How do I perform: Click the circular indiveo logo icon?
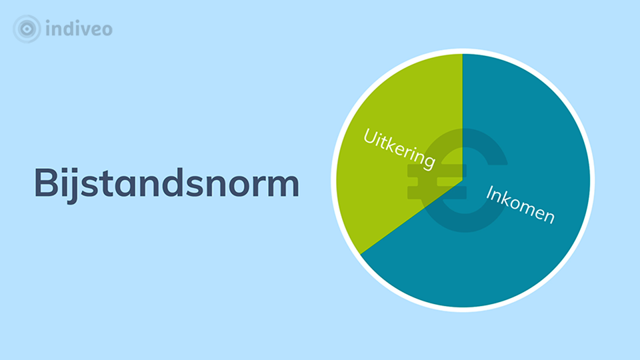point(27,29)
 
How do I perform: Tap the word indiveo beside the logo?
point(79,29)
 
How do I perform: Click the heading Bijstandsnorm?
point(167,184)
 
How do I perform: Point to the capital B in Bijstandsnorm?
point(47,183)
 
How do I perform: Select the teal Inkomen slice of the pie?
point(510,204)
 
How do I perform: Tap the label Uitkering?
point(399,149)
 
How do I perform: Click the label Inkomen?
point(521,205)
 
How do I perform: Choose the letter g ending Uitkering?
point(428,161)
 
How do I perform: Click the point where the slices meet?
point(463,180)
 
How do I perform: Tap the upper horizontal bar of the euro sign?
point(437,171)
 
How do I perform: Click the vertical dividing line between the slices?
point(463,117)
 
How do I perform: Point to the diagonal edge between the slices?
point(411,217)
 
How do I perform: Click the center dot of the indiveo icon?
point(27,29)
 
